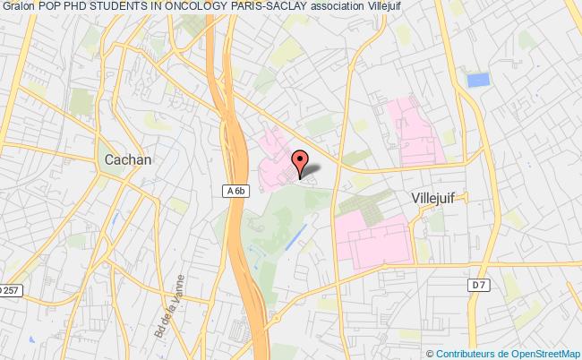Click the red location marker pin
point(299,162)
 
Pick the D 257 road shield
point(11,289)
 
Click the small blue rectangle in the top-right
point(478,79)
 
